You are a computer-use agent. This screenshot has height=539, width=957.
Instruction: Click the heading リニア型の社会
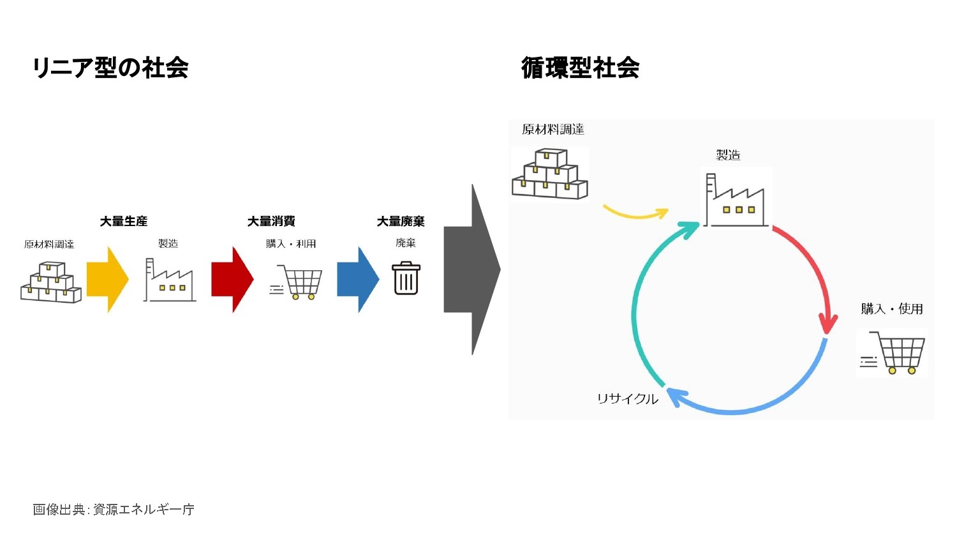click(x=110, y=68)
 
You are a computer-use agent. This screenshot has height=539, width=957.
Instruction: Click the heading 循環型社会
click(x=580, y=68)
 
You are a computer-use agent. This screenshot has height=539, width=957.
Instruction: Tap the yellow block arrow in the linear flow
click(x=108, y=279)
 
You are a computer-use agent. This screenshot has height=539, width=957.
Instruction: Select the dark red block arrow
click(x=232, y=279)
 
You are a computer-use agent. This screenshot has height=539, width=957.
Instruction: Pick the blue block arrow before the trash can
click(x=358, y=279)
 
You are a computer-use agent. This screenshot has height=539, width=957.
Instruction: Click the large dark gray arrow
click(x=472, y=269)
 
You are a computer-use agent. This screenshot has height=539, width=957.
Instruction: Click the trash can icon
click(x=406, y=278)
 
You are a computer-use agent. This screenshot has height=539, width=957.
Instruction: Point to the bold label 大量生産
click(x=124, y=221)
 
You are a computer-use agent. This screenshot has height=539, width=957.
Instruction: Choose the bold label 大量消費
click(x=271, y=221)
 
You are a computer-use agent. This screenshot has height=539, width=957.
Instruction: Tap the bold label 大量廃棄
click(x=401, y=221)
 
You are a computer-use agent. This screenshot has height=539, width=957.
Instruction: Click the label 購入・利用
click(x=291, y=244)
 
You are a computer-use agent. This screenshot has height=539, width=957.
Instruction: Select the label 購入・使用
click(x=892, y=308)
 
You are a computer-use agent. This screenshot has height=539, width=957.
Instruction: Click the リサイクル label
click(x=627, y=399)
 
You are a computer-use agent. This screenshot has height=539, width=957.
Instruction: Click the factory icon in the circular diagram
click(x=736, y=200)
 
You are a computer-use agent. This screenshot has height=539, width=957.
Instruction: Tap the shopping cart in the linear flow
click(x=296, y=282)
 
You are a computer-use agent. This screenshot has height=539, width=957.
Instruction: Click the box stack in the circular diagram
click(x=550, y=174)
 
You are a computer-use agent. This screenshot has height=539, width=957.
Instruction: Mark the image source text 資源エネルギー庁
click(x=144, y=510)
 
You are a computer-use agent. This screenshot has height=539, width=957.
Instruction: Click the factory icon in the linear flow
click(x=170, y=280)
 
